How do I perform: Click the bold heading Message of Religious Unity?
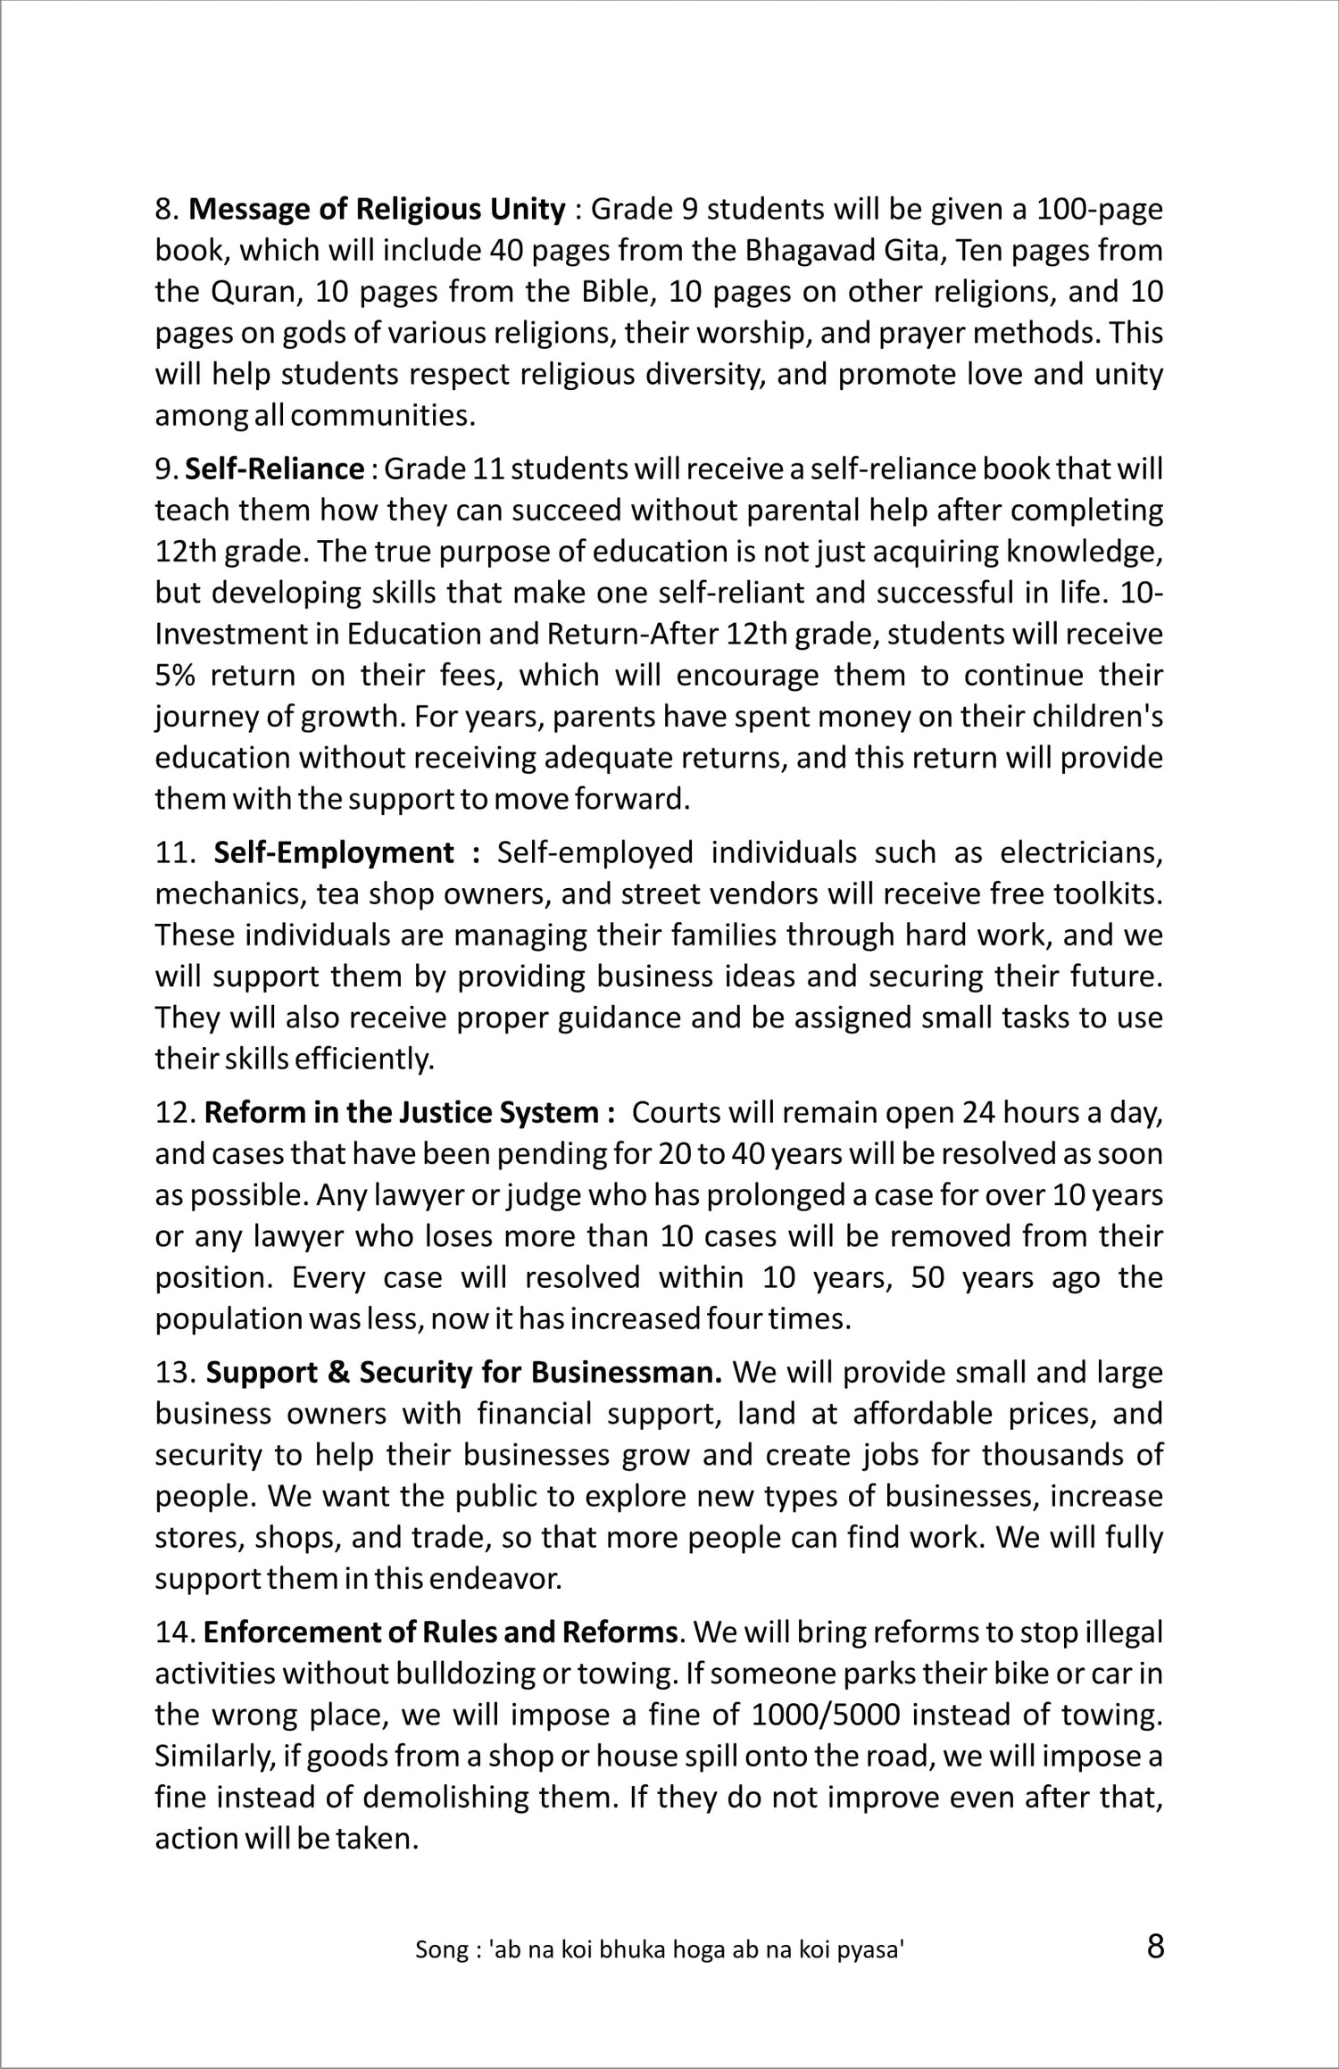coord(377,210)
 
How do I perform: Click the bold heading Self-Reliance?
coord(275,469)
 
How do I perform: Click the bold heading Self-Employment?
coord(334,853)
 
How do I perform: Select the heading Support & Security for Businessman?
coord(464,1373)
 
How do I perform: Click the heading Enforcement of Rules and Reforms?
coord(440,1633)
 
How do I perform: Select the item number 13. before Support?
coord(175,1373)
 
